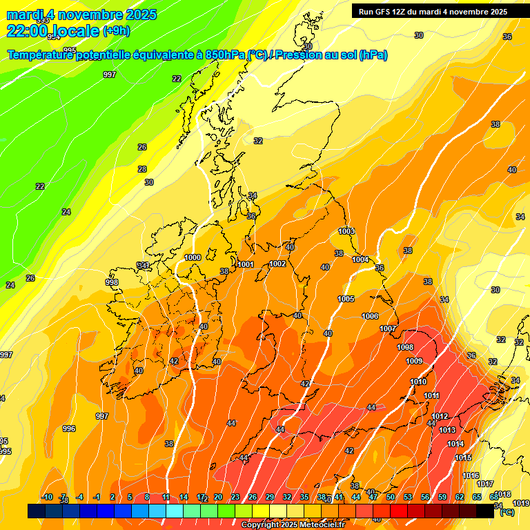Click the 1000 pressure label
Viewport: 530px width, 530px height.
(193, 257)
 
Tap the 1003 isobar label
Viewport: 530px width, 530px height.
(346, 231)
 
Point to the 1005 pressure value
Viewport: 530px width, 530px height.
(346, 299)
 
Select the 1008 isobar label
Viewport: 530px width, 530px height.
(406, 347)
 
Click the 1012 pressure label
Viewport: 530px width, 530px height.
(440, 416)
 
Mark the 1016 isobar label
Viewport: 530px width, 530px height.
(471, 475)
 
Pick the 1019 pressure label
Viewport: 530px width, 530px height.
(521, 503)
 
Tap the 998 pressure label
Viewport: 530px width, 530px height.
(112, 282)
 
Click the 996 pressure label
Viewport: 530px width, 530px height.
(69, 429)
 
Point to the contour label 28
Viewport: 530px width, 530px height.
(142, 169)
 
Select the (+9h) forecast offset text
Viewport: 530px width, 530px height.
(115, 30)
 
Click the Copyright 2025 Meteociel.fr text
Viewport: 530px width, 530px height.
(293, 524)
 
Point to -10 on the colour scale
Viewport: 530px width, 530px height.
(47, 497)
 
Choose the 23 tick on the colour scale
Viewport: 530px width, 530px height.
(235, 497)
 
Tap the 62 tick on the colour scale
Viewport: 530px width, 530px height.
(460, 497)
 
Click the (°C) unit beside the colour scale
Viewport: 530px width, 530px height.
(507, 512)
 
